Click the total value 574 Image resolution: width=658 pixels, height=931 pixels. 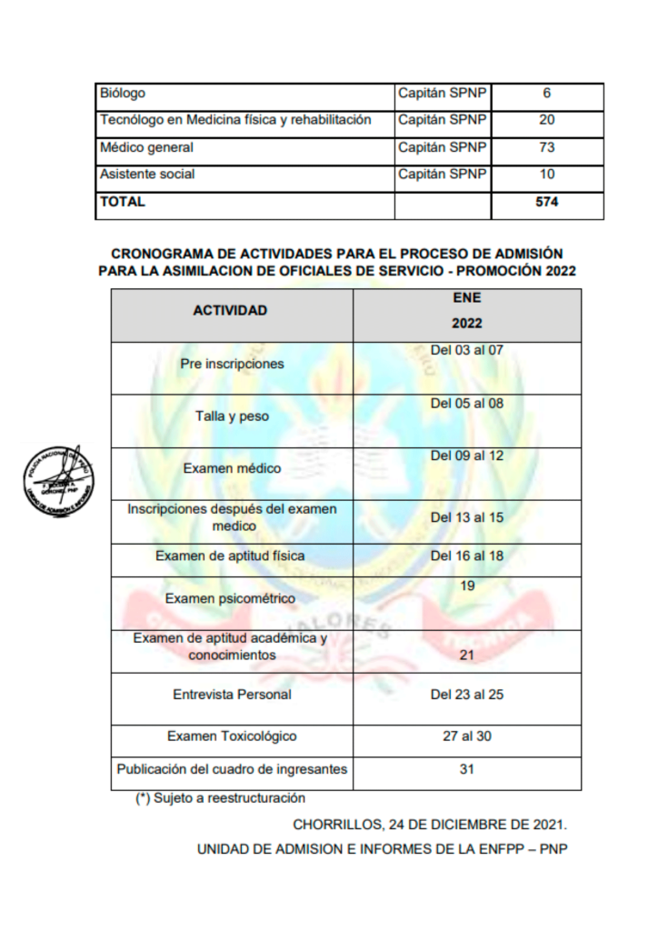pyautogui.click(x=546, y=203)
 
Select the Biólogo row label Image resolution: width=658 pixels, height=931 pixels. pyautogui.click(x=123, y=93)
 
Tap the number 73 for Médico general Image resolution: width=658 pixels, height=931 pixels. pyautogui.click(x=546, y=147)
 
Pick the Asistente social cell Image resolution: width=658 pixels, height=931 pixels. pyautogui.click(x=147, y=174)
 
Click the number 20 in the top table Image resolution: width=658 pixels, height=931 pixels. pyautogui.click(x=546, y=120)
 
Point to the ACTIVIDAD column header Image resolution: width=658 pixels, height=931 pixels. pyautogui.click(x=230, y=311)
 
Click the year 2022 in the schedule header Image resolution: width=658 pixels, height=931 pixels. pyautogui.click(x=467, y=324)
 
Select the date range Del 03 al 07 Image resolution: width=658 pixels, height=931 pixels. pyautogui.click(x=466, y=350)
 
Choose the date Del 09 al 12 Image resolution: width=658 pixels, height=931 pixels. pyautogui.click(x=466, y=455)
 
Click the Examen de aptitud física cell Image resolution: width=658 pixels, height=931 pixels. pyautogui.click(x=230, y=556)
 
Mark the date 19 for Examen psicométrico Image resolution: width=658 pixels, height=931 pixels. pyautogui.click(x=467, y=586)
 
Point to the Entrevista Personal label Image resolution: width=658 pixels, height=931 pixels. pyautogui.click(x=232, y=695)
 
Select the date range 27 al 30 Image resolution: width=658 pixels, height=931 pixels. pyautogui.click(x=467, y=736)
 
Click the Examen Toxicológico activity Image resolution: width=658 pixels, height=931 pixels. pyautogui.click(x=232, y=736)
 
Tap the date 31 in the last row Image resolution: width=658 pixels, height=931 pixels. pyautogui.click(x=467, y=769)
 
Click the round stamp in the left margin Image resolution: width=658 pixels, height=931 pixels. pyautogui.click(x=57, y=479)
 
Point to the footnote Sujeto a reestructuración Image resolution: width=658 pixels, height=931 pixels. pyautogui.click(x=221, y=799)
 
